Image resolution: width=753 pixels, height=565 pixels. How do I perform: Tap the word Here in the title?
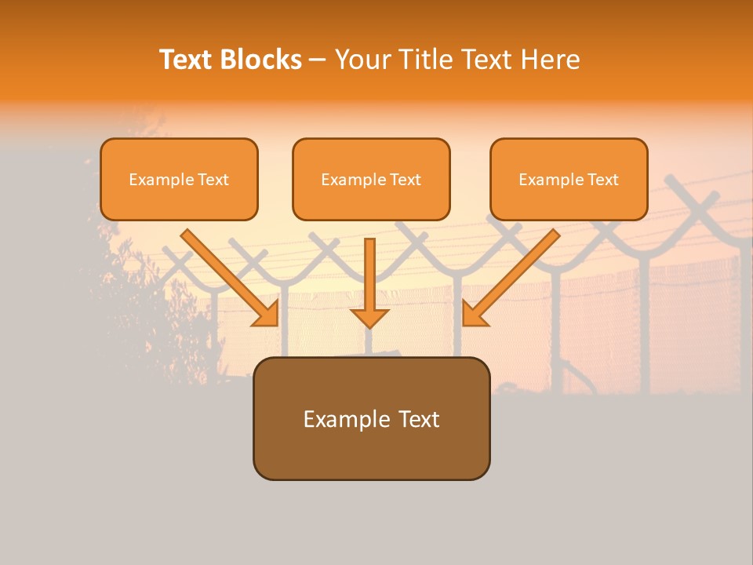pos(551,60)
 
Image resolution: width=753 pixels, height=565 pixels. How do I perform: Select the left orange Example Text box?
pos(179,180)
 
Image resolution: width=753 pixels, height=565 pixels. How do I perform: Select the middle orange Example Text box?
pos(371,180)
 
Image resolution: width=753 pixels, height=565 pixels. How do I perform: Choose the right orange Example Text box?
pos(569,180)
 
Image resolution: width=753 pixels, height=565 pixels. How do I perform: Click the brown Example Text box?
pos(372,419)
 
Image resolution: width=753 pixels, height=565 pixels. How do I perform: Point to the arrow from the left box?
pos(227,275)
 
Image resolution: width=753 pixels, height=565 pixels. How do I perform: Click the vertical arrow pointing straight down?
pos(369,279)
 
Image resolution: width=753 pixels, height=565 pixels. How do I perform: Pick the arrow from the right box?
pos(513,275)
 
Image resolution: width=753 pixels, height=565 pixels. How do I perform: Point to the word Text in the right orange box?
pos(602,180)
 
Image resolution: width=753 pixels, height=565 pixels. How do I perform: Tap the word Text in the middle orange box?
pos(405,180)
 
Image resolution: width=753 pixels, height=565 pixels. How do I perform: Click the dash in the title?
pos(318,60)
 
